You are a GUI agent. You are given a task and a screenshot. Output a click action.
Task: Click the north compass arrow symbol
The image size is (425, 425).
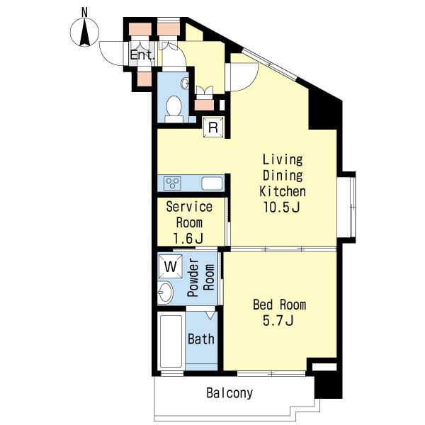85,33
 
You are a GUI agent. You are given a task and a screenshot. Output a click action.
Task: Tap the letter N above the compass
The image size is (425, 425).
85,13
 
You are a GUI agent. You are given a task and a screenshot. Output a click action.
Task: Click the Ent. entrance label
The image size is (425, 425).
142,55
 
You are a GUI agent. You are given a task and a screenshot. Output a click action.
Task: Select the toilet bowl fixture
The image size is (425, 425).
174,109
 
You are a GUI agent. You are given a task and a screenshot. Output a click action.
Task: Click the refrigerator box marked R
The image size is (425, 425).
214,127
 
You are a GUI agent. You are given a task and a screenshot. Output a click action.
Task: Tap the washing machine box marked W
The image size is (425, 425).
171,266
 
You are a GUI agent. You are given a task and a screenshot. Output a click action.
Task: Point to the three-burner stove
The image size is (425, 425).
173,183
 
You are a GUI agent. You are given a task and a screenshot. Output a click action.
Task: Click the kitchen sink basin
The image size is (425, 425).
212,183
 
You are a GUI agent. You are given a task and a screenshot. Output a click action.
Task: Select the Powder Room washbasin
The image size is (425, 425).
165,293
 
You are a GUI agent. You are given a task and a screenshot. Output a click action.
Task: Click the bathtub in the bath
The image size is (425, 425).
171,341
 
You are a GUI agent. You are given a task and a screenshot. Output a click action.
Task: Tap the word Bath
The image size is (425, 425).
201,339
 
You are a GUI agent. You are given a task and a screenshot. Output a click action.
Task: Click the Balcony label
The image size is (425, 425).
229,393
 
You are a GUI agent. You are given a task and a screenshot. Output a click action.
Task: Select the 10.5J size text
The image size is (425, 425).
282,208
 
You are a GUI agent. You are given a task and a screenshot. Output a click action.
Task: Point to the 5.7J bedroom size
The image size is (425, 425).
278,321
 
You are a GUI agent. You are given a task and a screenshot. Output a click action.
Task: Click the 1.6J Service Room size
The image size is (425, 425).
188,239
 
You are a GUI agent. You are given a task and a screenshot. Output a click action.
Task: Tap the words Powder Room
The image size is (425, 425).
201,277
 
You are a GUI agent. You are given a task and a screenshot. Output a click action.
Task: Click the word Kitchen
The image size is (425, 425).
283,191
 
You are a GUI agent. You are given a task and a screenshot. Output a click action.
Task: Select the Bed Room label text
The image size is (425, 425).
280,305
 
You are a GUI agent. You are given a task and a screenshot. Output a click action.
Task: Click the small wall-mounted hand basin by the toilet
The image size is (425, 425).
186,84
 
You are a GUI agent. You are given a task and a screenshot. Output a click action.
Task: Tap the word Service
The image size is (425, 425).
189,207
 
